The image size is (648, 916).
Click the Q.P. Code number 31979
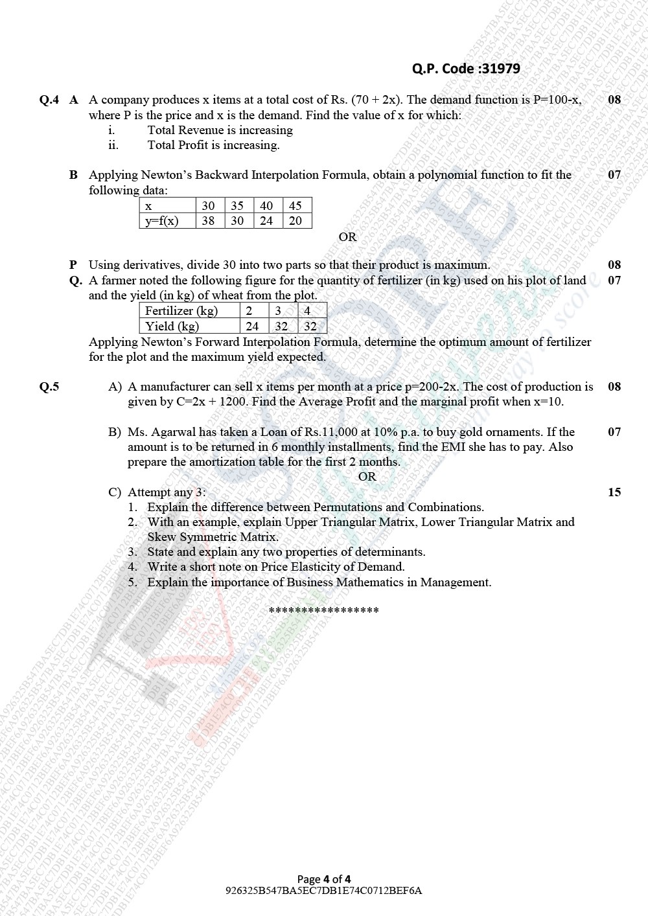[x=500, y=69]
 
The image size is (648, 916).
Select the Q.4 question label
[x=49, y=100]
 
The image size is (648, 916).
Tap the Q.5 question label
[x=49, y=387]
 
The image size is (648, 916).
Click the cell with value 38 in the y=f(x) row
[x=208, y=221]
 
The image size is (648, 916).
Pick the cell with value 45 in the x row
[x=295, y=206]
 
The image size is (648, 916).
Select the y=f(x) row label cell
[x=161, y=221]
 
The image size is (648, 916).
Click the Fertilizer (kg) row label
[x=181, y=311]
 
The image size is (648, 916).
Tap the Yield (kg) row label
[x=172, y=326]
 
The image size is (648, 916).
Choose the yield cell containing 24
[x=252, y=326]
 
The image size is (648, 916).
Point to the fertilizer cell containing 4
[x=307, y=311]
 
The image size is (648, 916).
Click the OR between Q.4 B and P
[x=347, y=237]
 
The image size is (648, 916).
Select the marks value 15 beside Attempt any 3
[x=614, y=492]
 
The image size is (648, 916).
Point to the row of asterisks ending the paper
[x=323, y=611]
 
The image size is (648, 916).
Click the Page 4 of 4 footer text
[x=324, y=879]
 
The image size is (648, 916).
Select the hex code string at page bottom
[x=323, y=891]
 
